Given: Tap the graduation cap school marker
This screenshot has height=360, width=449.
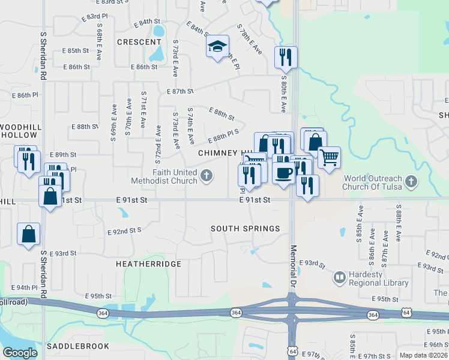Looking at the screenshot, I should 217,47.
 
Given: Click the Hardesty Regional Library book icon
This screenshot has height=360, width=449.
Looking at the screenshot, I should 340,278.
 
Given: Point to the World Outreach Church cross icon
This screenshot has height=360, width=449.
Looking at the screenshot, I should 411,181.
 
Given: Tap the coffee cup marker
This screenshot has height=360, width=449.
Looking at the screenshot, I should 283,172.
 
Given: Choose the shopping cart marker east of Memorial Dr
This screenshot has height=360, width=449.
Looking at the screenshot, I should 328,158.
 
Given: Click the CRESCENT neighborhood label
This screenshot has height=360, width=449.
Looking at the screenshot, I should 139,42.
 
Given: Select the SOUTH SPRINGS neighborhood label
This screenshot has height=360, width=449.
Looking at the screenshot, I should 246,229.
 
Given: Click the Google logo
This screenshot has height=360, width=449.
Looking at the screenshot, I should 20,353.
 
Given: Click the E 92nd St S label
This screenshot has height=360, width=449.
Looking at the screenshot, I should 124,230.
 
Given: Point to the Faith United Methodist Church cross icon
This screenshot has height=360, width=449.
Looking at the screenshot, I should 206,176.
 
